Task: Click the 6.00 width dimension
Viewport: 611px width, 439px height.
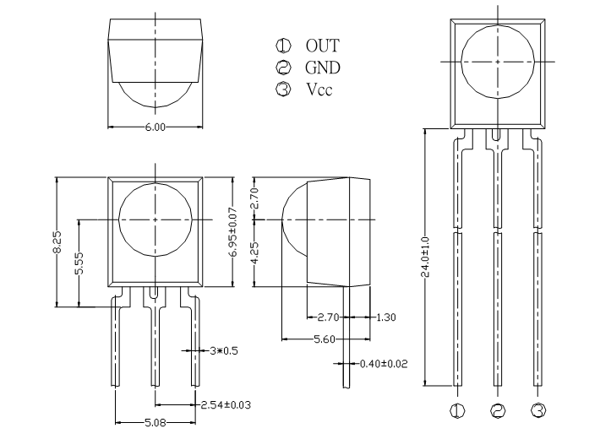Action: coord(155,127)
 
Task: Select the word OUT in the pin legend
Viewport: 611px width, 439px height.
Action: coord(322,46)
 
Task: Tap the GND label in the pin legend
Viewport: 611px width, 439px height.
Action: coord(323,68)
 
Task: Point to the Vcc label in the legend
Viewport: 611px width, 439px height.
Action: coord(319,89)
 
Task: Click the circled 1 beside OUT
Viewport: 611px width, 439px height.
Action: coord(283,46)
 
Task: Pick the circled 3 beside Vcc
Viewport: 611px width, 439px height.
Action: coord(283,89)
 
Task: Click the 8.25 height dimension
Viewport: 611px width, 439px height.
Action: coord(57,242)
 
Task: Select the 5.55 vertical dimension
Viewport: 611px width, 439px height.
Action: coord(79,263)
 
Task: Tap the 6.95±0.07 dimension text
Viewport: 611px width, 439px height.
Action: coord(233,232)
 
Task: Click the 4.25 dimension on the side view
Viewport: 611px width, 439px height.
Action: coord(254,253)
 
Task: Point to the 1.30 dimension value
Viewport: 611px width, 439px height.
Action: coord(385,317)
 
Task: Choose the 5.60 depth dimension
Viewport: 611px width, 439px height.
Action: coord(325,339)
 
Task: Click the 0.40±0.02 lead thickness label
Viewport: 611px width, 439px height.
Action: coord(384,364)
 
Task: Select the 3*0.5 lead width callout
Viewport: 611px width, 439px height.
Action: coord(224,350)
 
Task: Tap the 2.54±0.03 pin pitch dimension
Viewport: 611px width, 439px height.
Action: coord(226,405)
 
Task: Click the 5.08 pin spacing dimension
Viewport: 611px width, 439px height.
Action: coord(155,423)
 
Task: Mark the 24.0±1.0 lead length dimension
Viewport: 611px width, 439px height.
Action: coord(425,257)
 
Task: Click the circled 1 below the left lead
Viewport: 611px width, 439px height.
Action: coord(457,410)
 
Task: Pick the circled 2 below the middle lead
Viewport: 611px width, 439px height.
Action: coord(498,410)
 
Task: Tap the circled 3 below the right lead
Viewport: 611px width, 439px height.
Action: coord(537,410)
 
